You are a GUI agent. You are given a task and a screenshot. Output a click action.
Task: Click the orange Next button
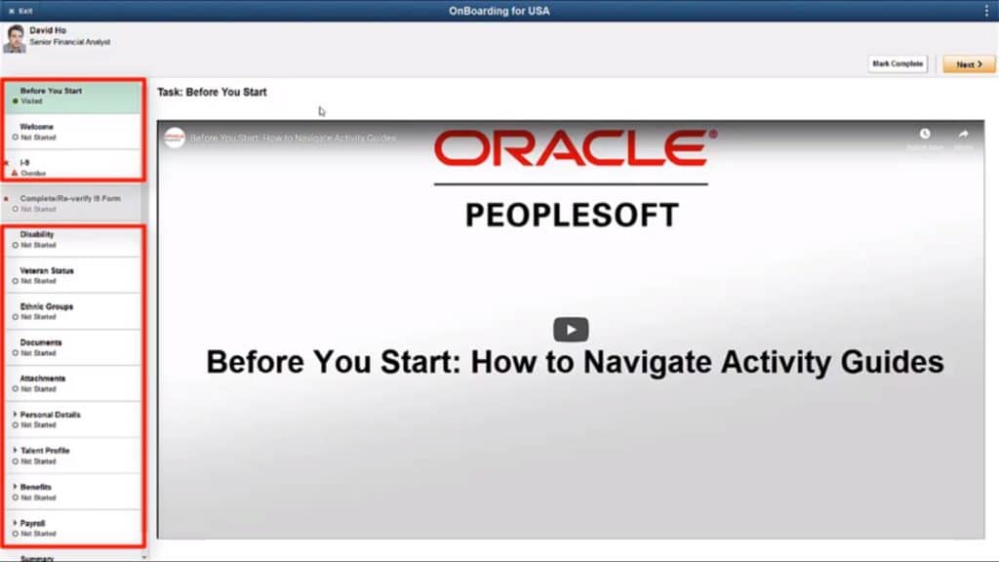969,64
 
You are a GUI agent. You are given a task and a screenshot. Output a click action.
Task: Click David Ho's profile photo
15,39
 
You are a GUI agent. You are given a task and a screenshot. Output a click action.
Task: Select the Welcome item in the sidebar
74,131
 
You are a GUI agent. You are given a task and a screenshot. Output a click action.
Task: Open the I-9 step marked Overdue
74,167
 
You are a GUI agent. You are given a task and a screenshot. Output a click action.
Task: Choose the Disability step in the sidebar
74,239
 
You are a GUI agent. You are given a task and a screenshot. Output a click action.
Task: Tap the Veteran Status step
74,275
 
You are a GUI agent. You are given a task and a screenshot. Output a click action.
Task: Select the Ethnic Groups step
74,311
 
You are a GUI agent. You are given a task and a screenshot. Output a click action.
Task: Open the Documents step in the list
74,347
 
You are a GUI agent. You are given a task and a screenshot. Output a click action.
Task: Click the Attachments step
74,383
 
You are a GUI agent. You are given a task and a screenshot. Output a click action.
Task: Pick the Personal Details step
74,420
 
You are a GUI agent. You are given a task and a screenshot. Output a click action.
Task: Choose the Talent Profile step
74,456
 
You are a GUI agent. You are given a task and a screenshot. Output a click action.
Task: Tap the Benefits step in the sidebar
74,492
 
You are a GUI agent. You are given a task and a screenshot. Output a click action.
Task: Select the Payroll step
74,528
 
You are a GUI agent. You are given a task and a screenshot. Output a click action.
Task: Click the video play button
572,330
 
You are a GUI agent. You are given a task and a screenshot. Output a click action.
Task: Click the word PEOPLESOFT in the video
572,215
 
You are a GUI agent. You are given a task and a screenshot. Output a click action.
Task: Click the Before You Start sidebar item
74,95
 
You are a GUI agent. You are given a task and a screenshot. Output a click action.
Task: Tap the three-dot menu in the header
987,10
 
